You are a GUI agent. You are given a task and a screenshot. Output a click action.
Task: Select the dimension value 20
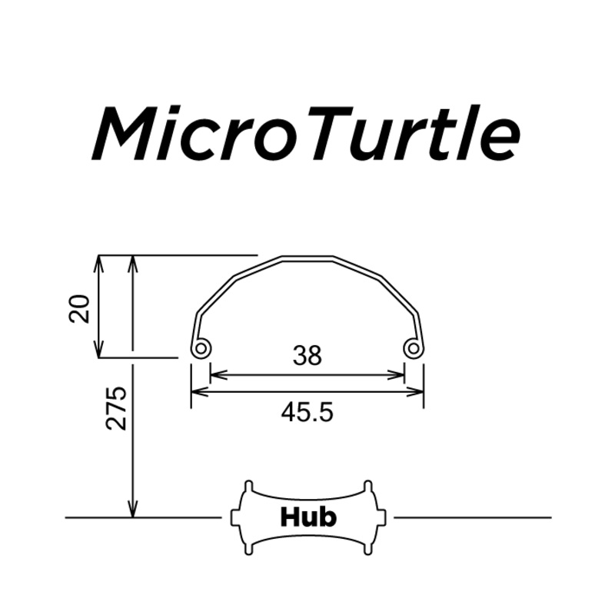click(80, 307)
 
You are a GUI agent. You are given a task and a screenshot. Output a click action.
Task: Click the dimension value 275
click(116, 408)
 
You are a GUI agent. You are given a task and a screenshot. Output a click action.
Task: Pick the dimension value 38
click(307, 355)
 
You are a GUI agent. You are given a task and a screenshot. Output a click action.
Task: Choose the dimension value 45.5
click(307, 413)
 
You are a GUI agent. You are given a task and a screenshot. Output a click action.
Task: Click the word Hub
click(307, 517)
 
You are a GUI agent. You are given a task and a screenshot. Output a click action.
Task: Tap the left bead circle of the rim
click(201, 349)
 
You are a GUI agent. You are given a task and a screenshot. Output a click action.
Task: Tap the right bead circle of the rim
click(414, 349)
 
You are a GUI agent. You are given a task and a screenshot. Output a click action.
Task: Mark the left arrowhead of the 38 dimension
click(215, 375)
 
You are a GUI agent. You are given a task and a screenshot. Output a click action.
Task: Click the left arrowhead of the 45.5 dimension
click(197, 392)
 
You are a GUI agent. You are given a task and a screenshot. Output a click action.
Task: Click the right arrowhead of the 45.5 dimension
click(418, 392)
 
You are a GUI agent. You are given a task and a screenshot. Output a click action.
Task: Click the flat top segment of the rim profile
click(307, 258)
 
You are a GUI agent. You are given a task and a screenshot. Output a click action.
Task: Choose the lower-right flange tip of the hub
click(368, 550)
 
